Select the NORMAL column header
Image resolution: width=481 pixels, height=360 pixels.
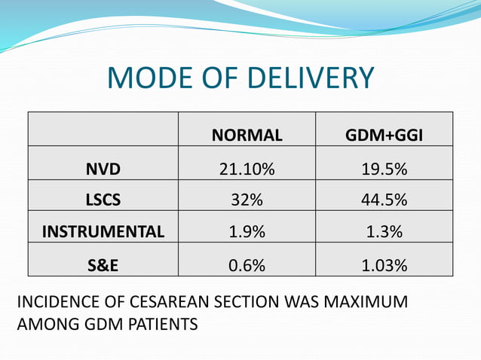(247, 136)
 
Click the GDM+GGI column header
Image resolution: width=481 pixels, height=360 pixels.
(384, 136)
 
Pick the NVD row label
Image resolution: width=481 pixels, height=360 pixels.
(103, 169)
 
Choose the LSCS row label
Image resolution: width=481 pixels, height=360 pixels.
(103, 201)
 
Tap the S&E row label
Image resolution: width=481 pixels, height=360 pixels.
(103, 265)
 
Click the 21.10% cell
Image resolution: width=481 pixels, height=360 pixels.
(247, 169)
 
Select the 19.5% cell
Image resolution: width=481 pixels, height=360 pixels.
(384, 169)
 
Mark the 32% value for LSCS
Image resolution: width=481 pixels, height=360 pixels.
(247, 201)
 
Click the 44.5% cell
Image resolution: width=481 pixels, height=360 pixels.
(384, 201)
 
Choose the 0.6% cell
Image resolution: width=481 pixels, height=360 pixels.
(247, 265)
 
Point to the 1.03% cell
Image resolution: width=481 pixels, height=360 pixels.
(384, 265)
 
